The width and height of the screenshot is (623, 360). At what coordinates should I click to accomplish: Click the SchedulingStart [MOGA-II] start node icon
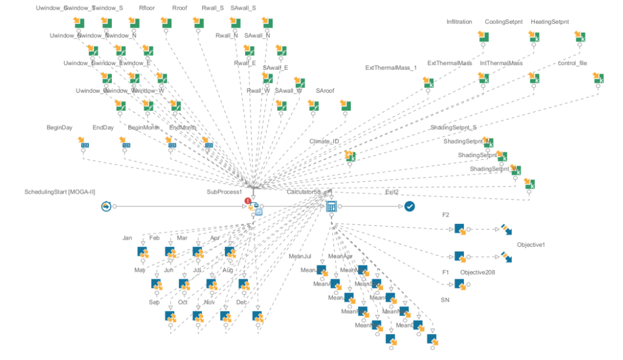coord(106,206)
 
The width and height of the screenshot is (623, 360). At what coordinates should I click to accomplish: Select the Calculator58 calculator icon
coord(331,206)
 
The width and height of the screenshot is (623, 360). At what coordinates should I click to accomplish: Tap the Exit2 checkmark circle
coord(410,206)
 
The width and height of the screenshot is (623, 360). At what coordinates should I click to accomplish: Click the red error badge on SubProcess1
coord(247,201)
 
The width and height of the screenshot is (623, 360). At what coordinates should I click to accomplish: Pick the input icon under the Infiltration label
coord(483,37)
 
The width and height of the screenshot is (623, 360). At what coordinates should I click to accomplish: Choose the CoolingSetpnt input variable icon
coord(534,37)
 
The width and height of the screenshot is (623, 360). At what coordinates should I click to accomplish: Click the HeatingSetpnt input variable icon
coord(580,37)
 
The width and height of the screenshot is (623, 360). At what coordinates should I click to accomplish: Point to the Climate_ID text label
coord(324,141)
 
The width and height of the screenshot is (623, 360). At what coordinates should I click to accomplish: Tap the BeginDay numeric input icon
coord(84,142)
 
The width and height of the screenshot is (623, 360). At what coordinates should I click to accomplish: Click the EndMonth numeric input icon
coord(209,142)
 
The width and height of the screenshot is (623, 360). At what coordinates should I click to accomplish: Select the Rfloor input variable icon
coord(166,22)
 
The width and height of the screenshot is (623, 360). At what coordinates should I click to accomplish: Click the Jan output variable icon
coord(144,252)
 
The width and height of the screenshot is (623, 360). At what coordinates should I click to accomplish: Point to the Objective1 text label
coord(531,245)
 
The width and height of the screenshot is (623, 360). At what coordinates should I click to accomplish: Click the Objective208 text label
coord(478,272)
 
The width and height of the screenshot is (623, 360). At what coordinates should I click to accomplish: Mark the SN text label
coord(445,299)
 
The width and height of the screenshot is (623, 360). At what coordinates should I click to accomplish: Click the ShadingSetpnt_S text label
coord(453,127)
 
